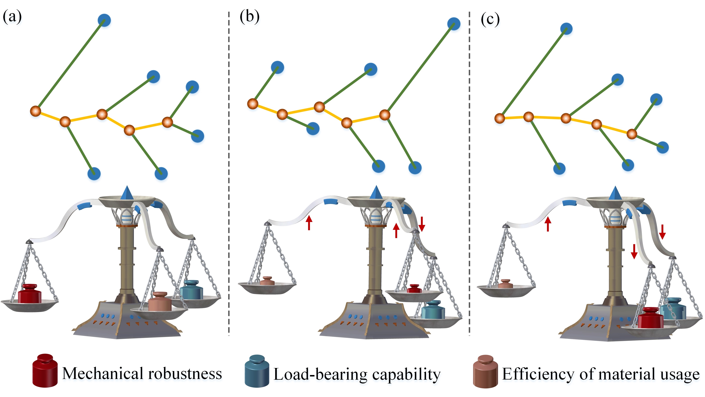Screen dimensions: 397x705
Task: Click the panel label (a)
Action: coord(12,17)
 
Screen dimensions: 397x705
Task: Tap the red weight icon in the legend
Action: coord(45,371)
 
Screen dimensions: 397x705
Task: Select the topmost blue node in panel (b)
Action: coord(454,24)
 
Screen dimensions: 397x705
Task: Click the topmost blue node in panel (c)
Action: coord(566,29)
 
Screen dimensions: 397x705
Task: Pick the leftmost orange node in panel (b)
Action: coord(253,104)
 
